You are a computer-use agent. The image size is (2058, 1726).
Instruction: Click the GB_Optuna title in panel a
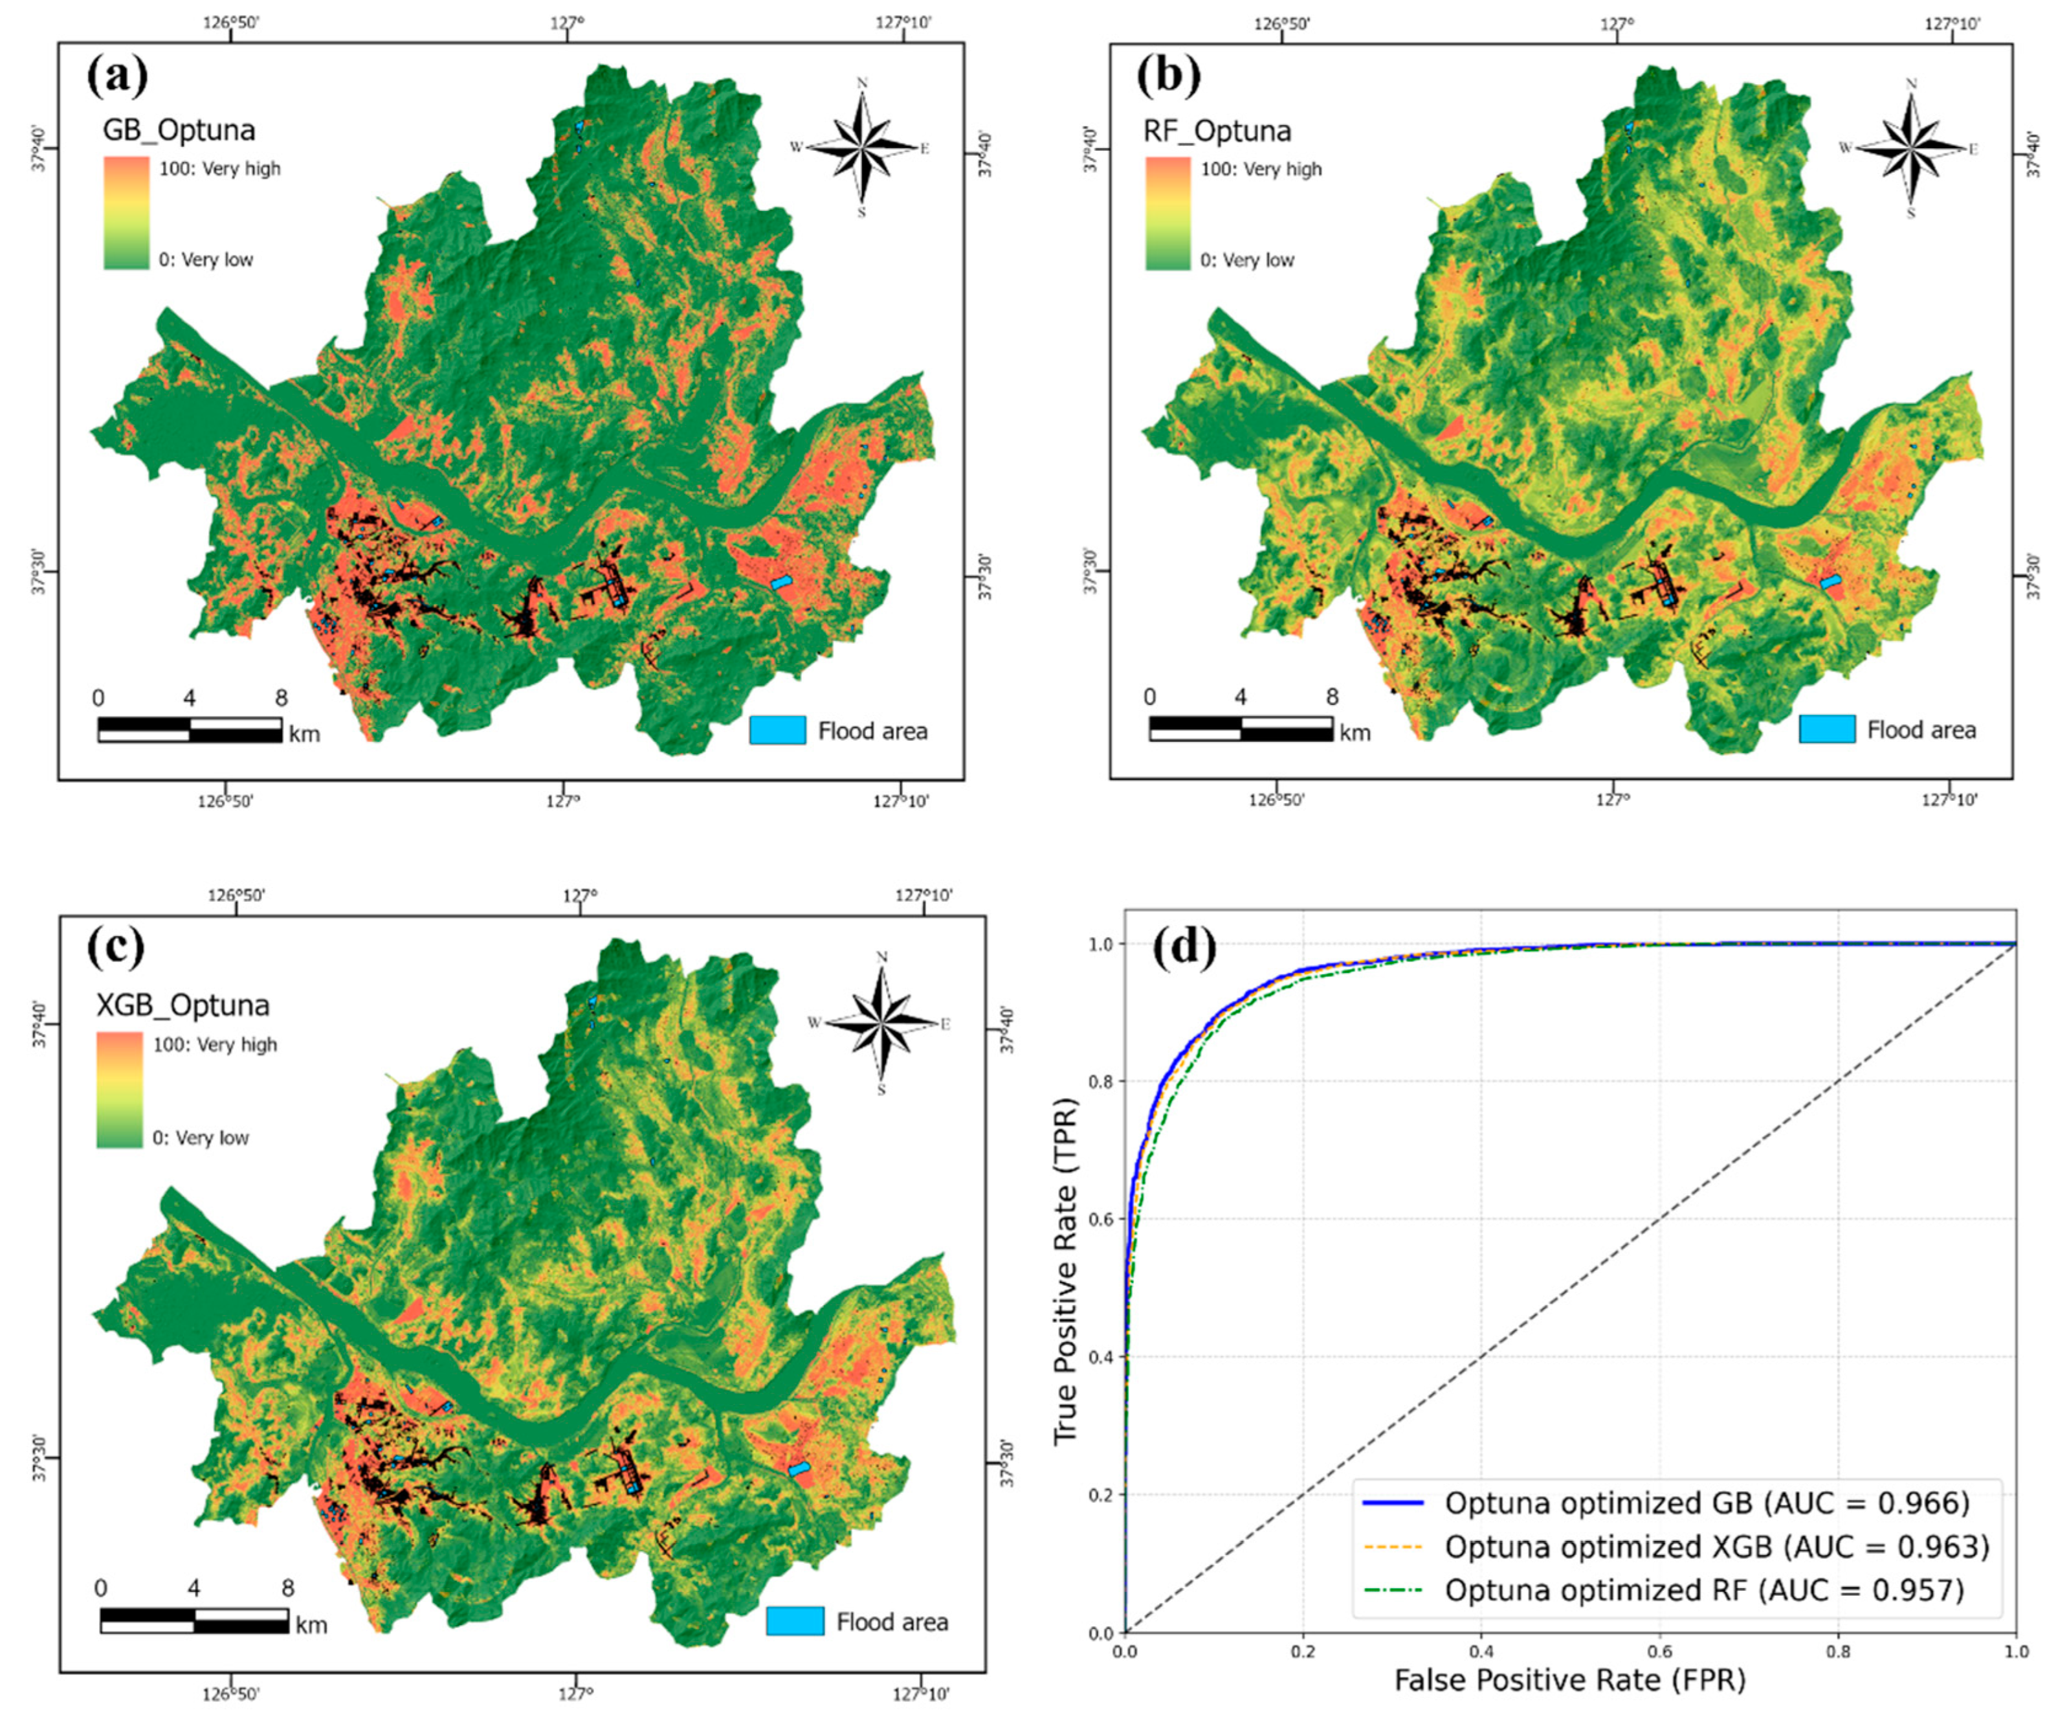[x=179, y=129]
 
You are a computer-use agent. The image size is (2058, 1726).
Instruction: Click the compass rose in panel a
[x=861, y=148]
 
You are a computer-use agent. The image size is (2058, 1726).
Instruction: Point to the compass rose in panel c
[x=881, y=1024]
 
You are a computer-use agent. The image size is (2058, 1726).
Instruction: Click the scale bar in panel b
[x=1240, y=728]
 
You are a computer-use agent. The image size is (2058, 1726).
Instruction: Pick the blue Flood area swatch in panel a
[x=777, y=730]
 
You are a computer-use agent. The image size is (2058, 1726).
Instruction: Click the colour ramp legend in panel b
[x=1167, y=214]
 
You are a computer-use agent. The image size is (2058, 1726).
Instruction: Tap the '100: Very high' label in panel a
[x=219, y=168]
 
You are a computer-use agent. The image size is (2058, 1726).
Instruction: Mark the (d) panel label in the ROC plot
[x=1185, y=948]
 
